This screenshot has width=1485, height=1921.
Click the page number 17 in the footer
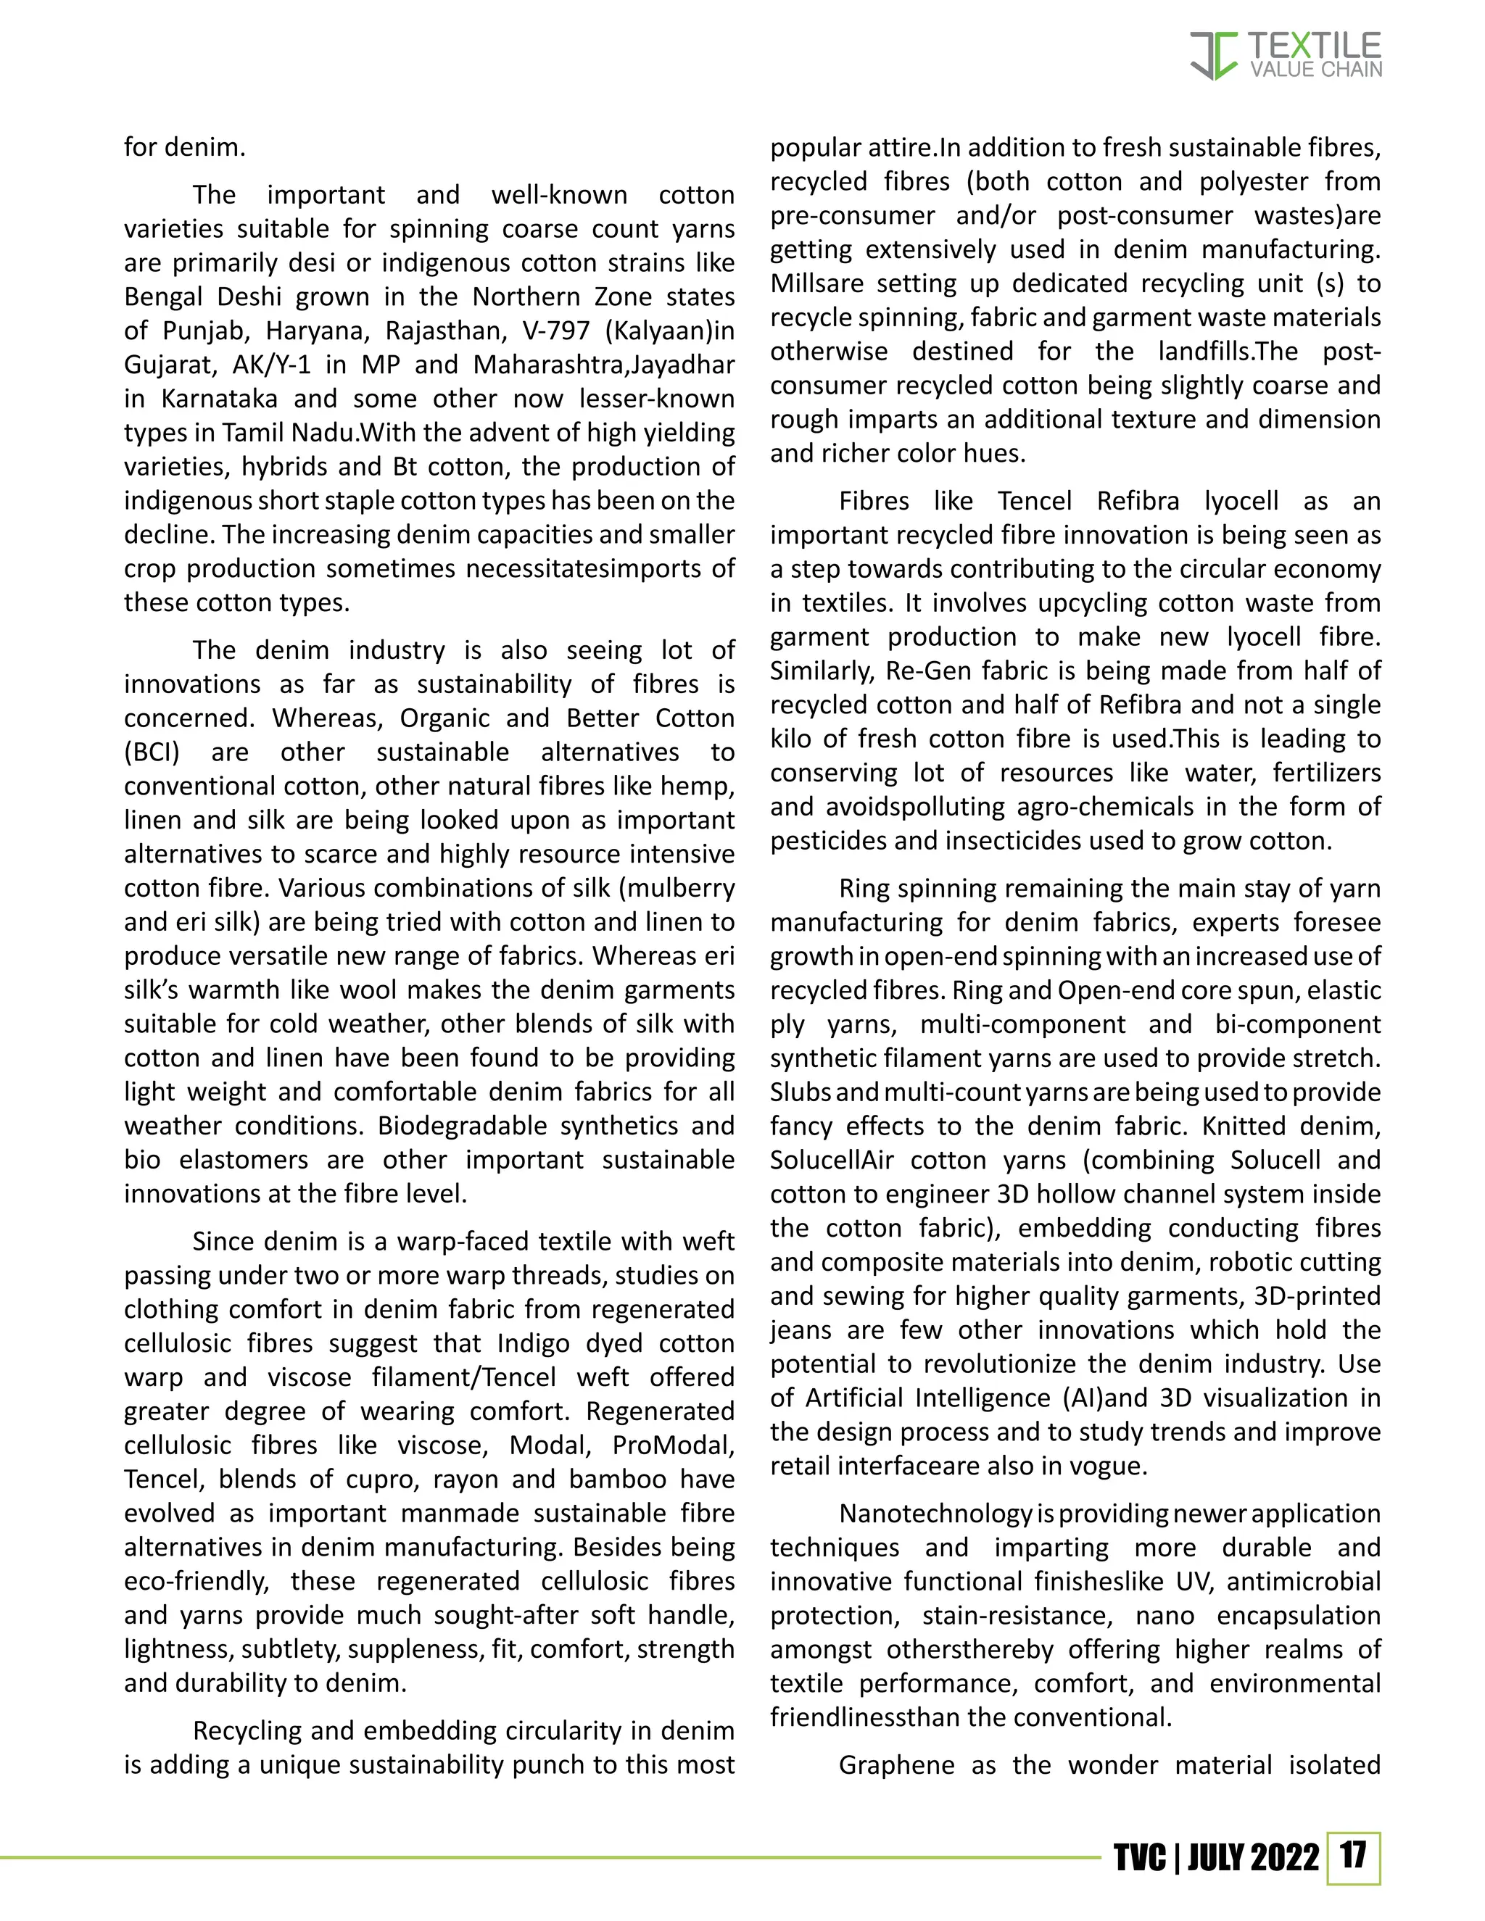click(x=1353, y=1855)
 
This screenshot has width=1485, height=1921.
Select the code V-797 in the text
click(x=556, y=331)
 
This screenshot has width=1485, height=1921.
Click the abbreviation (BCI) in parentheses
click(x=152, y=752)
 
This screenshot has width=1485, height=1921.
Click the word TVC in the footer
click(x=1139, y=1858)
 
